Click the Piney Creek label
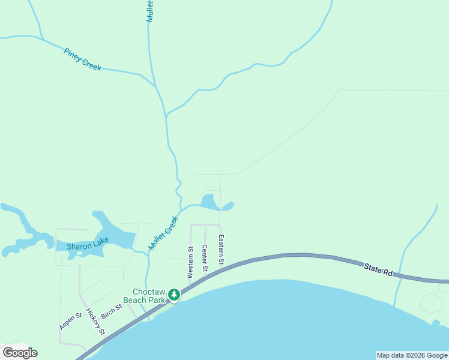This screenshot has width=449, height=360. point(82,59)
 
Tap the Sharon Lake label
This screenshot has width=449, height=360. point(88,245)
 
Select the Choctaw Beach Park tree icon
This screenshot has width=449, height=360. point(173,294)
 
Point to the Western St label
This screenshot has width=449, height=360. point(190,262)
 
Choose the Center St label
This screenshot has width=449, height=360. point(205,258)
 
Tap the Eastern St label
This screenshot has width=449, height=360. point(221,250)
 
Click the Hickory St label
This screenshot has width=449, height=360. point(95,322)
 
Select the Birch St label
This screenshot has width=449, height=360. point(112,311)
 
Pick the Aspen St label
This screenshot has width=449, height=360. point(70,320)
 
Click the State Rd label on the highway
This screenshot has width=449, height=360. point(378,268)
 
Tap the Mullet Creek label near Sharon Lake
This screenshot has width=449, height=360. point(164,233)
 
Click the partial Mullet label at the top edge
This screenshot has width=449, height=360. point(150,11)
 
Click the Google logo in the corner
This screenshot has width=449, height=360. point(20,353)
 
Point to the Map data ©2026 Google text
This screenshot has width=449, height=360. point(412,355)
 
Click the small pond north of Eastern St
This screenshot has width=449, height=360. point(208,202)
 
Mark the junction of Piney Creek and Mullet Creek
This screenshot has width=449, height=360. point(156,86)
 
